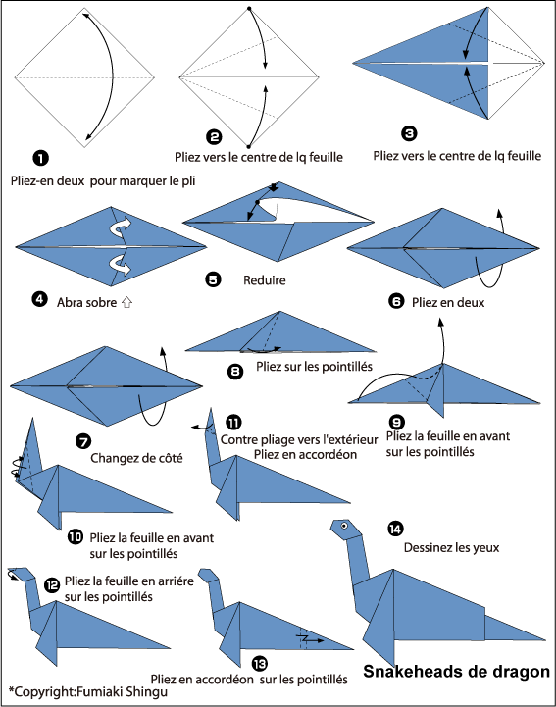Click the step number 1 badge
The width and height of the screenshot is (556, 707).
[x=40, y=158]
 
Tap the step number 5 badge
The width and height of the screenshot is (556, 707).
[x=213, y=279]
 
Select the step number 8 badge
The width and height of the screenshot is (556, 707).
[x=235, y=371]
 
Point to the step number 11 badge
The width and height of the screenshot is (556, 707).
[x=233, y=423]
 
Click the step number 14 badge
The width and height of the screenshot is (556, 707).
[x=395, y=529]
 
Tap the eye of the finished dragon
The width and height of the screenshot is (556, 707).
[x=344, y=526]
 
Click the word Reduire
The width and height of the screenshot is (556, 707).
[x=264, y=280]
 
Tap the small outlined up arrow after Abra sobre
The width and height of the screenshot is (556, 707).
[x=126, y=302]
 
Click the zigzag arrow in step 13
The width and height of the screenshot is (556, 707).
[x=309, y=639]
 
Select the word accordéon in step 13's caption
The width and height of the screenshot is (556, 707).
[x=226, y=679]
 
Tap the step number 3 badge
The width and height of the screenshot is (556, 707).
[x=409, y=133]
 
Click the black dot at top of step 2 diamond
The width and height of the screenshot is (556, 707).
[x=249, y=8]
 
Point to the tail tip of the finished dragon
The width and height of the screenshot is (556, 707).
[x=545, y=639]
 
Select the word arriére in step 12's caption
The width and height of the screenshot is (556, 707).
[x=177, y=581]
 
